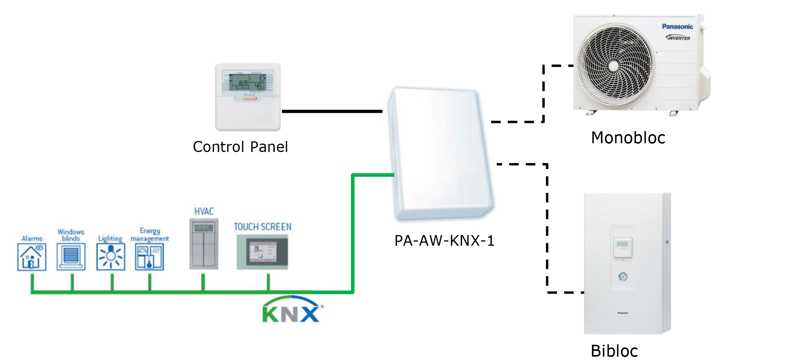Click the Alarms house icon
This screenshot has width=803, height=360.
32,257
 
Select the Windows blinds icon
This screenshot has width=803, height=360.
71,257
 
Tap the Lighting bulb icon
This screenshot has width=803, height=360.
110,257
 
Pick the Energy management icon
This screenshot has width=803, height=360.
149,257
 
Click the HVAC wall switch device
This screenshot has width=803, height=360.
204,244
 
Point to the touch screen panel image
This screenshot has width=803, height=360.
262,252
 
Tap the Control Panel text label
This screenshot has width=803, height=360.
240,147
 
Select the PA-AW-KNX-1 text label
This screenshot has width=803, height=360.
444,241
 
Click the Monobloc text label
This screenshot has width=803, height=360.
628,138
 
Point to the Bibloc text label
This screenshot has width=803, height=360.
614,351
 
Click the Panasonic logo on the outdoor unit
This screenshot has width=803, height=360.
677,27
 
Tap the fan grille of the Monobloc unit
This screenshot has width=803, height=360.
614,66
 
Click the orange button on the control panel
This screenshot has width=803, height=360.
250,98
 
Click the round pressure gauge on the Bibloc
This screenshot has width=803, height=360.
623,277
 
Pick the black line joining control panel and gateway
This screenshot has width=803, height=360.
332,111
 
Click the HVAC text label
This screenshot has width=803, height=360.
204,211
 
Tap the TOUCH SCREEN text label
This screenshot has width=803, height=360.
262,227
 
